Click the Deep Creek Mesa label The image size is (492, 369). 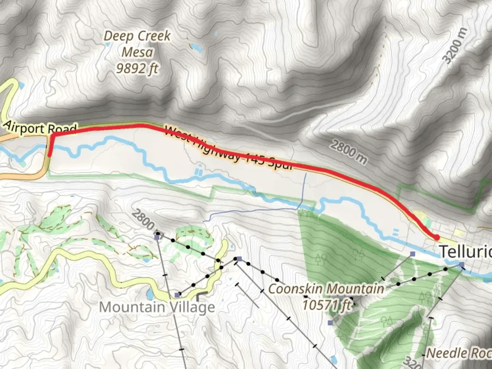137,44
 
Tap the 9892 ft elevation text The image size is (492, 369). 137,69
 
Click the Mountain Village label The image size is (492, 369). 157,307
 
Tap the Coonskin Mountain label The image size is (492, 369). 326,289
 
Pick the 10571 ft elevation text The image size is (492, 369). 327,304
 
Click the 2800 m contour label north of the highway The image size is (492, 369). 348,152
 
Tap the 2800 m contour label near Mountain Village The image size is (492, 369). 145,220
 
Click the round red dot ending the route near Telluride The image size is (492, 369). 436,237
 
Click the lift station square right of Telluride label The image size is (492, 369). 462,264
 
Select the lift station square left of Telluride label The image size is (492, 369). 413,254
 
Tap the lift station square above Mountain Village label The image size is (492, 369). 177,295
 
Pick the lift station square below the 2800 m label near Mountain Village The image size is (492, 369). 157,237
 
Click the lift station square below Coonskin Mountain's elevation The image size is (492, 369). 330,323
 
